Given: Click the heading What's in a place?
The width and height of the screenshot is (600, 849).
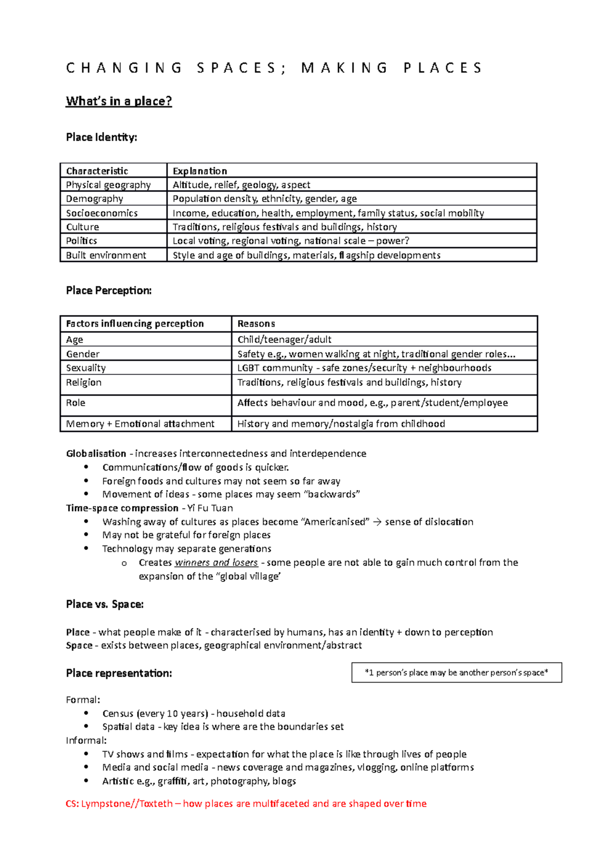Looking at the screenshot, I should [119, 101].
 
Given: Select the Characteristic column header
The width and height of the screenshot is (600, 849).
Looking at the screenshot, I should [97, 171].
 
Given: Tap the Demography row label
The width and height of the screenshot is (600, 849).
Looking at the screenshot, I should [94, 199].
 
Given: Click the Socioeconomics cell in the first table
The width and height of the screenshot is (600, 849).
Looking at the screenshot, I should [102, 213].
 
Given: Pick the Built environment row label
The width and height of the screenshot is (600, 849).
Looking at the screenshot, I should [106, 255].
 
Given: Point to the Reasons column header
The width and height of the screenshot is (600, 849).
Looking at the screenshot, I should [256, 324].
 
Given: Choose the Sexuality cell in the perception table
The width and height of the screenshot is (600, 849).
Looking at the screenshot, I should [86, 368].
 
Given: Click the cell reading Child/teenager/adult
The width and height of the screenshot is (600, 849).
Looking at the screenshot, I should [284, 339].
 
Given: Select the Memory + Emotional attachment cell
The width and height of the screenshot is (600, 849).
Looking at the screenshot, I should [140, 424].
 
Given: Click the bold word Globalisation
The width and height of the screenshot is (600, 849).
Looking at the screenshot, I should [96, 453].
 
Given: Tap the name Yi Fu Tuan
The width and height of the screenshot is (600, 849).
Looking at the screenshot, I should [210, 508].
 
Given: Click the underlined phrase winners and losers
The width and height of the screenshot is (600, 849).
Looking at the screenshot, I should [216, 562].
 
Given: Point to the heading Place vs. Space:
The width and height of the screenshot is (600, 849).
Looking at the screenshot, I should [105, 604].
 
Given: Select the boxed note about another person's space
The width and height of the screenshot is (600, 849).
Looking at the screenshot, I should [456, 672].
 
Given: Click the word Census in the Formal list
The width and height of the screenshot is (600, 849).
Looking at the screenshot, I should [118, 713].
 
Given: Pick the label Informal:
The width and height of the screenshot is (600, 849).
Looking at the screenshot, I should [86, 740].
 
